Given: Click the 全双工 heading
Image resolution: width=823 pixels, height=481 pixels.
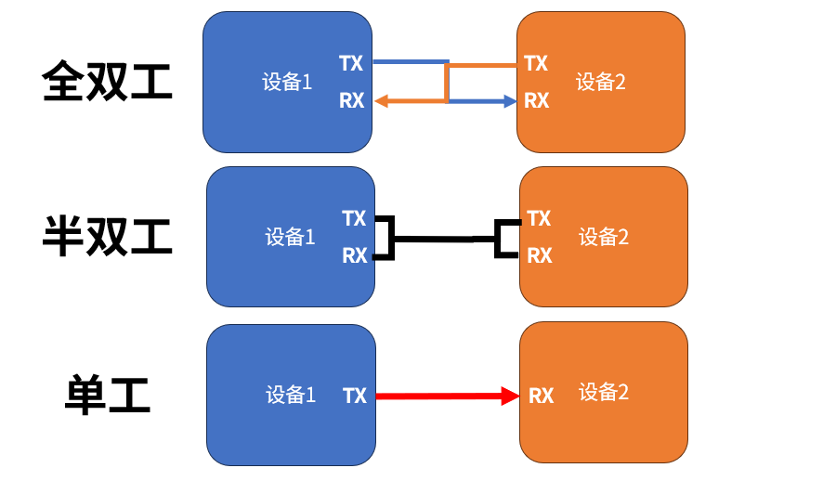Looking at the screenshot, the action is (107, 81).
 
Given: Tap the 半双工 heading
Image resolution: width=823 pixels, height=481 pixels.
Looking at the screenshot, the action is (107, 236).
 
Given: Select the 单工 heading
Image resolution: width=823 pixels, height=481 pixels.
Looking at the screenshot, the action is (108, 395).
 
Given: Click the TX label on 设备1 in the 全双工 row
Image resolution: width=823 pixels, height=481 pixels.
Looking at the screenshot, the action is (351, 63).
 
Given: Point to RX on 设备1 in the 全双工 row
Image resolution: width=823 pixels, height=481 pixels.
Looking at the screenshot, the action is (352, 100).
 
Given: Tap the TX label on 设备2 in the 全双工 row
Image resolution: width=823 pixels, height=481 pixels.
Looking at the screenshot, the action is (536, 63).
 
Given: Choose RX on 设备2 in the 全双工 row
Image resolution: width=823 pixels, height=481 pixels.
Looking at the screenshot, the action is (536, 100).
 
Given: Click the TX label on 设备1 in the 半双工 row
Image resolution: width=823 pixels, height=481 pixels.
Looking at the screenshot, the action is (354, 218).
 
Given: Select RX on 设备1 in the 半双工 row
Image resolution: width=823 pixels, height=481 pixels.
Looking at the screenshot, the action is (355, 256).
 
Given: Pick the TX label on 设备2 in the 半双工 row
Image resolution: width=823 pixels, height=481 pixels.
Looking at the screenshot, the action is (539, 218).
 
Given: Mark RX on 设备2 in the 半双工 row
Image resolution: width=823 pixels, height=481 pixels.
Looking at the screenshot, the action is (540, 256).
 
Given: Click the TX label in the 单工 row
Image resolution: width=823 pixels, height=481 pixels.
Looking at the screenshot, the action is (355, 396).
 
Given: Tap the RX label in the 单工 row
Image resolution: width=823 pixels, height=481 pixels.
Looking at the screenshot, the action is (542, 396).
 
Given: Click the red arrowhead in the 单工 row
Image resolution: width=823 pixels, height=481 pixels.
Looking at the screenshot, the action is (510, 396).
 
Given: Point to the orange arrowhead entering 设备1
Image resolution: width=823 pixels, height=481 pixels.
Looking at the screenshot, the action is (381, 101).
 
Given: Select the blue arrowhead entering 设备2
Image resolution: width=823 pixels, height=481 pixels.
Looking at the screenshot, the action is (510, 101).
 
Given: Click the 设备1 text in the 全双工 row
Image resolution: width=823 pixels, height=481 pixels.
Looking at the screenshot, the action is (287, 82).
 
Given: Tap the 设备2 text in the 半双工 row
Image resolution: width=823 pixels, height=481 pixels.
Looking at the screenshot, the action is (604, 237).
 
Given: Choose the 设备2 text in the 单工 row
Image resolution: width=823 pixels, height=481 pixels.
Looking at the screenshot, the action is (604, 392).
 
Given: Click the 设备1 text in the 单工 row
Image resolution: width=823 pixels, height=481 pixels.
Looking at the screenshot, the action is (291, 395).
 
